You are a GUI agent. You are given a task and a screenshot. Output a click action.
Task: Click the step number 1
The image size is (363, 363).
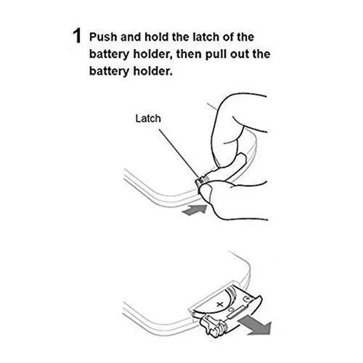(77, 36)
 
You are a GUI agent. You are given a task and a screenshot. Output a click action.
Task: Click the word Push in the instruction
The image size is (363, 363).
(103, 37)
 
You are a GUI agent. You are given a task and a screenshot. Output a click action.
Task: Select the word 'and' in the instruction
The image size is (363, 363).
(131, 37)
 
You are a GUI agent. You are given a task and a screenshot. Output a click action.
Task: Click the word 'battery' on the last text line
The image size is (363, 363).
(109, 71)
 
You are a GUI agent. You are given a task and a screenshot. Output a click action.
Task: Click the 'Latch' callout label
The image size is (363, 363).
(148, 119)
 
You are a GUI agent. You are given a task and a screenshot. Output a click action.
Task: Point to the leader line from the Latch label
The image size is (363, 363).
(178, 154)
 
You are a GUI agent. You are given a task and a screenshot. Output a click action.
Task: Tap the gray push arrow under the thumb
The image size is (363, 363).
(195, 210)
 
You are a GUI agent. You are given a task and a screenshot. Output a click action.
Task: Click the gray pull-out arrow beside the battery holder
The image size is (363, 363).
(255, 325)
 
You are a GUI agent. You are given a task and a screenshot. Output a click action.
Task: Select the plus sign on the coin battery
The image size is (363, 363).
(220, 305)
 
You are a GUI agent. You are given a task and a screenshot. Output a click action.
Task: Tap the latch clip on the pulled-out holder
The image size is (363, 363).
(212, 326)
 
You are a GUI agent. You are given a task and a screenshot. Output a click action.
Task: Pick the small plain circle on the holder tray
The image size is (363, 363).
(231, 310)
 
